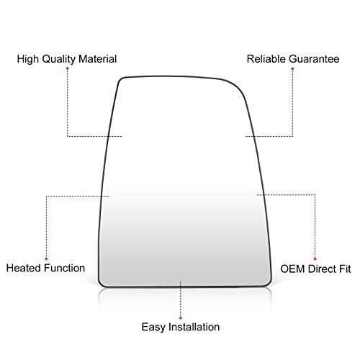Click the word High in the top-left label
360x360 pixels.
(27, 59)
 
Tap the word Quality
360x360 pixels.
(59, 59)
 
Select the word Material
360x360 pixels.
(97, 59)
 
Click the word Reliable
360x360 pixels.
(266, 59)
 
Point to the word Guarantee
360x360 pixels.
(314, 59)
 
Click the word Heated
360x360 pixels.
(24, 268)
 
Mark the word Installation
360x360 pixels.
(194, 327)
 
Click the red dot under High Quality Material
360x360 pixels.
(68, 68)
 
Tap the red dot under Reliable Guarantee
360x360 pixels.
(292, 69)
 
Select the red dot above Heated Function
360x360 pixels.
(46, 258)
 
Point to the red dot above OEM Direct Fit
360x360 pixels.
(315, 258)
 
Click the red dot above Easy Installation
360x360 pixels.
(181, 318)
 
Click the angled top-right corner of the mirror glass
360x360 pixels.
(236, 86)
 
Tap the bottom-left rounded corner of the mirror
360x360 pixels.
(102, 284)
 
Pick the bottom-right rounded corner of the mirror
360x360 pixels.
(269, 283)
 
